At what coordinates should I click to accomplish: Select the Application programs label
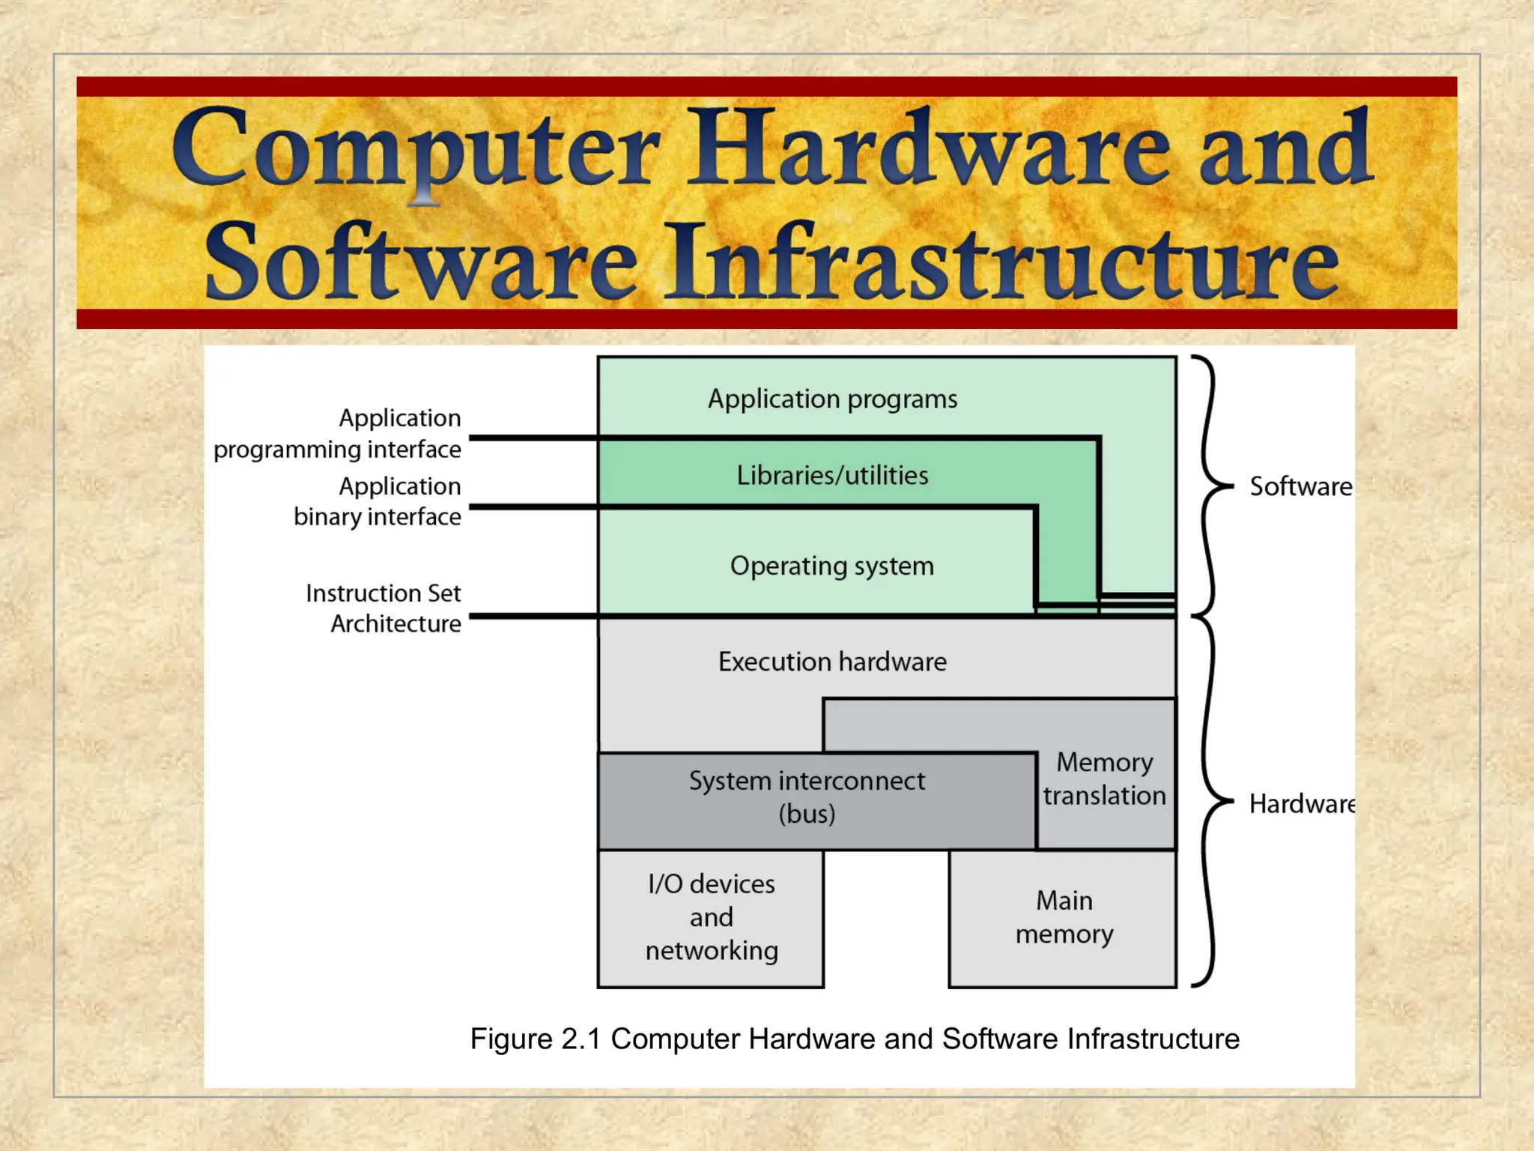click(832, 399)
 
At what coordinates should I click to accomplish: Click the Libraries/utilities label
click(832, 475)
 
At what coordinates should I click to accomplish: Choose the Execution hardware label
click(832, 662)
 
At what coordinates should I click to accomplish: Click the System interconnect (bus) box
click(807, 797)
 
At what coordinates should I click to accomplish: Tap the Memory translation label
click(1105, 779)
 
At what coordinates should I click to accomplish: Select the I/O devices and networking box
click(711, 917)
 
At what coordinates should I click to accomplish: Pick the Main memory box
click(1064, 917)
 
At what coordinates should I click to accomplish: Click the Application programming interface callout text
click(338, 433)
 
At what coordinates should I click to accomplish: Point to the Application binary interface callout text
click(378, 501)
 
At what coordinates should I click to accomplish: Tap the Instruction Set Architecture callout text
click(383, 608)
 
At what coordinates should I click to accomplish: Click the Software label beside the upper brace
click(1301, 486)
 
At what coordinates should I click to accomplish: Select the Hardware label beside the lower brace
click(1302, 804)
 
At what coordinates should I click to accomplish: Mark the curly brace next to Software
click(1207, 486)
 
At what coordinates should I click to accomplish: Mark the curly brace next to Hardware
click(1207, 802)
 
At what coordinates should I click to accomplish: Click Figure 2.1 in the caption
click(536, 1039)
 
